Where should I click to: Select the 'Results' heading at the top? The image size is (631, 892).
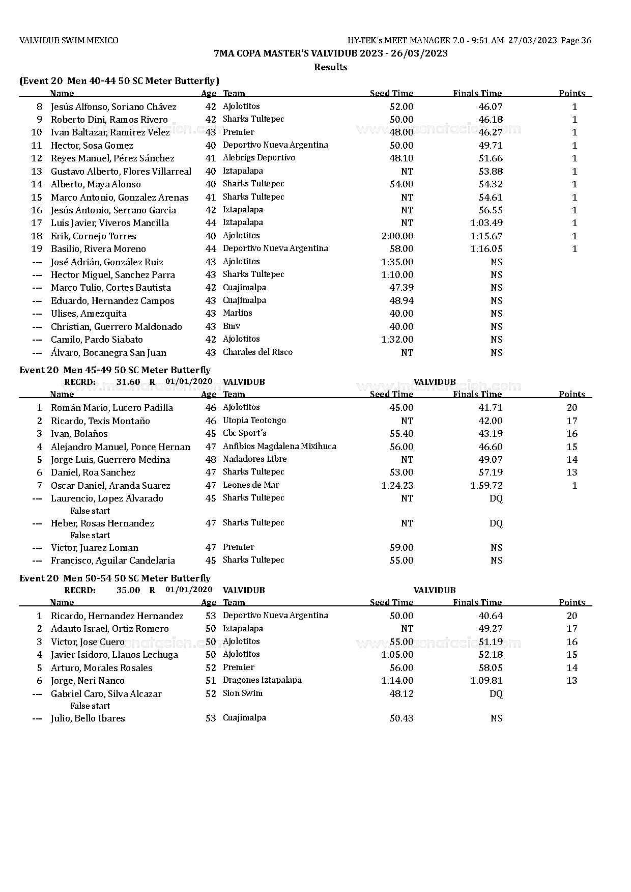tap(330, 67)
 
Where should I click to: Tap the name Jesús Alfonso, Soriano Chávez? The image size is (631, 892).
tap(113, 107)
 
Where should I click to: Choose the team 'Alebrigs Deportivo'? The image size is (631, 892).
tap(259, 158)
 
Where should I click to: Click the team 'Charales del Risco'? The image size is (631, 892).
tap(257, 352)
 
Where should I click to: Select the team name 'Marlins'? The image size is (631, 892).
tap(237, 313)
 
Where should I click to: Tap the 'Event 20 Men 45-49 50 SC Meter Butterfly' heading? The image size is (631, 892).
tap(114, 370)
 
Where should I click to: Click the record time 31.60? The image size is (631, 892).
tap(128, 382)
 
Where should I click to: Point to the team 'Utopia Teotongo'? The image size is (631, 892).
tap(254, 421)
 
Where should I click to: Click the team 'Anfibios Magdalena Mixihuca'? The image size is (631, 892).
tap(279, 447)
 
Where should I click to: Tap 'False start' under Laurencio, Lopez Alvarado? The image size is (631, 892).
tap(90, 511)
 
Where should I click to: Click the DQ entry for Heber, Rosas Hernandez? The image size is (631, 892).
tap(496, 523)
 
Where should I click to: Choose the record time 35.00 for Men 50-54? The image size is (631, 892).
tap(128, 590)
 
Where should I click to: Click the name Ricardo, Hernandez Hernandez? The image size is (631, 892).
tap(117, 616)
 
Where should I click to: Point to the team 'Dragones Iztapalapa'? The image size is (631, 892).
tap(262, 680)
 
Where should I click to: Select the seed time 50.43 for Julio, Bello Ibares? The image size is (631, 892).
tap(401, 718)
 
